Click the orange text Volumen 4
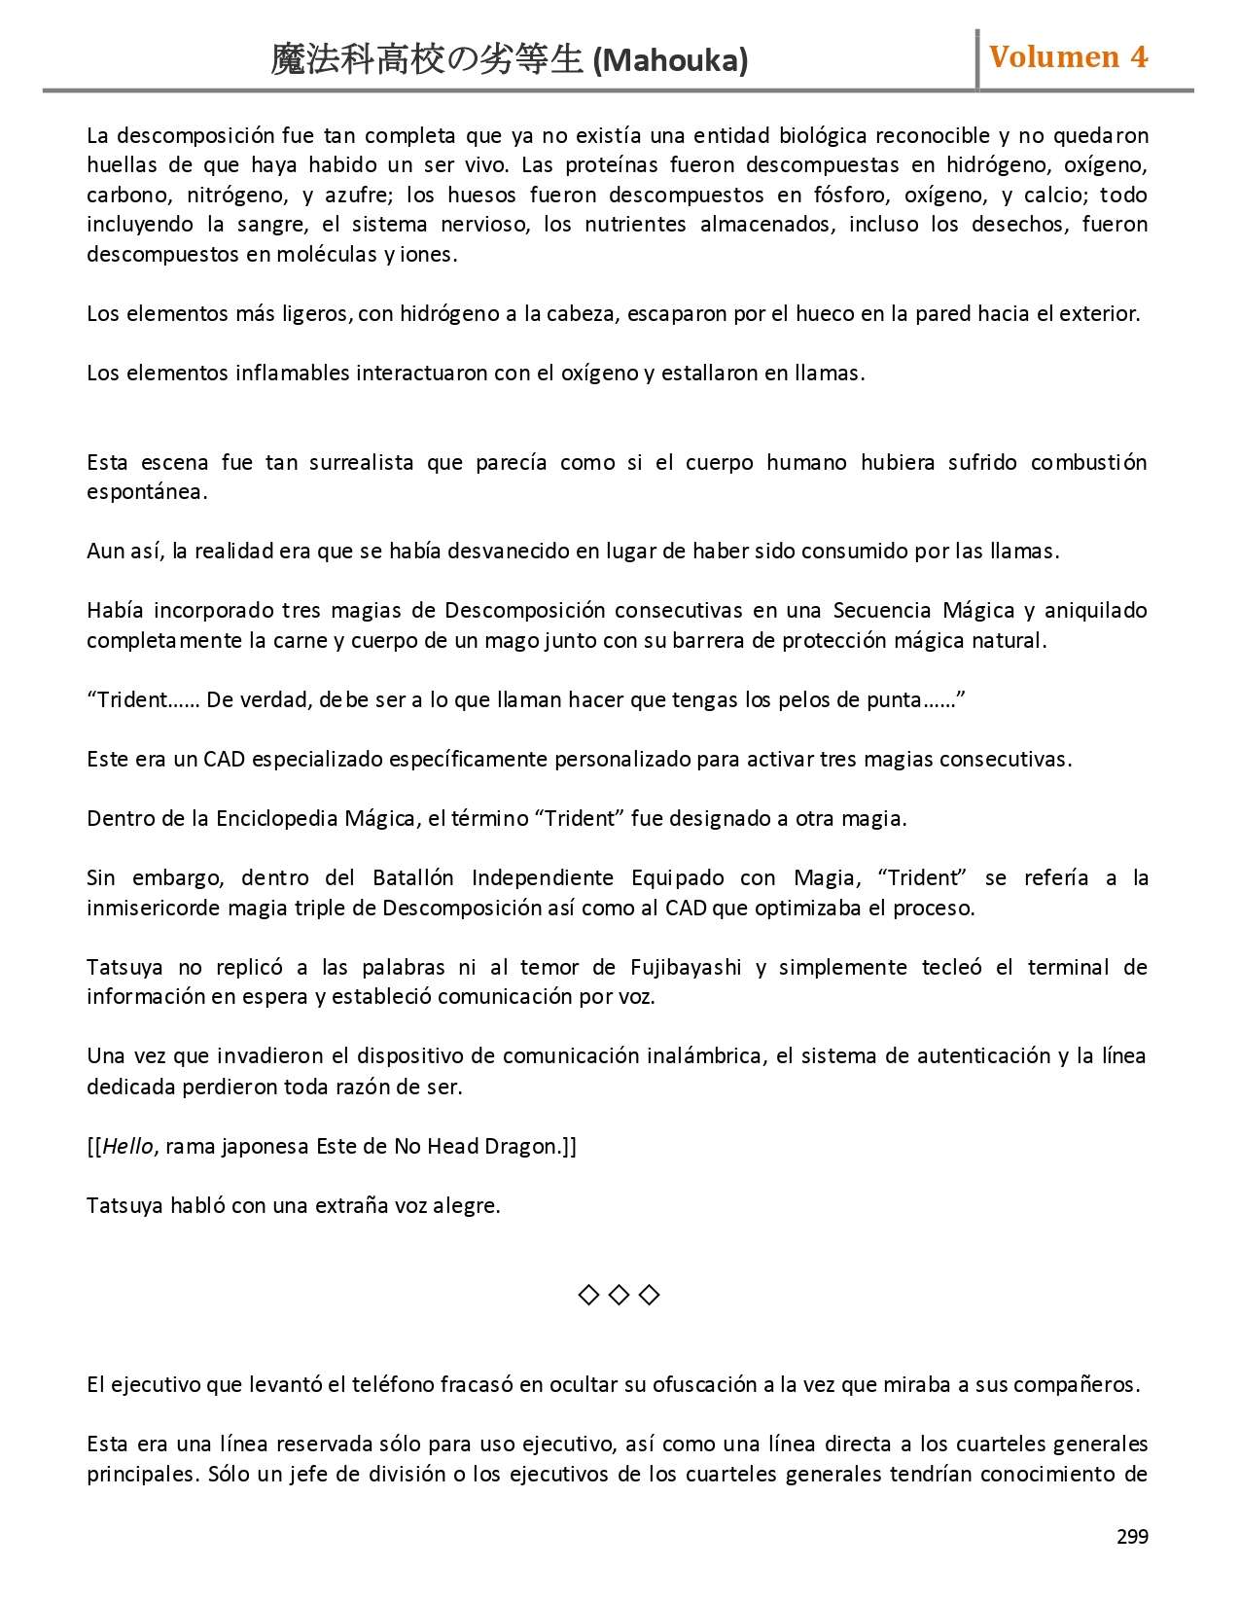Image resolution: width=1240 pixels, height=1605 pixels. [x=1068, y=57]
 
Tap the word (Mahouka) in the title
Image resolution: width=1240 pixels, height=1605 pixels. [x=670, y=61]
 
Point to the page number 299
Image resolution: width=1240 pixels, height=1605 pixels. [x=1132, y=1537]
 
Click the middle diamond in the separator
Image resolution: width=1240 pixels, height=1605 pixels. [x=619, y=1295]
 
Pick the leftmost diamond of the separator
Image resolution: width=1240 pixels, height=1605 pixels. [x=588, y=1295]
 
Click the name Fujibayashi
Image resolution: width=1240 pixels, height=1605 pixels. [x=686, y=967]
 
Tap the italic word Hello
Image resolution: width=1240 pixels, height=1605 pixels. [x=127, y=1146]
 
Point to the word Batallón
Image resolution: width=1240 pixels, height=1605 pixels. [x=412, y=877]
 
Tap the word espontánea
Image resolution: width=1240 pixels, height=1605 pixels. [x=146, y=491]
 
